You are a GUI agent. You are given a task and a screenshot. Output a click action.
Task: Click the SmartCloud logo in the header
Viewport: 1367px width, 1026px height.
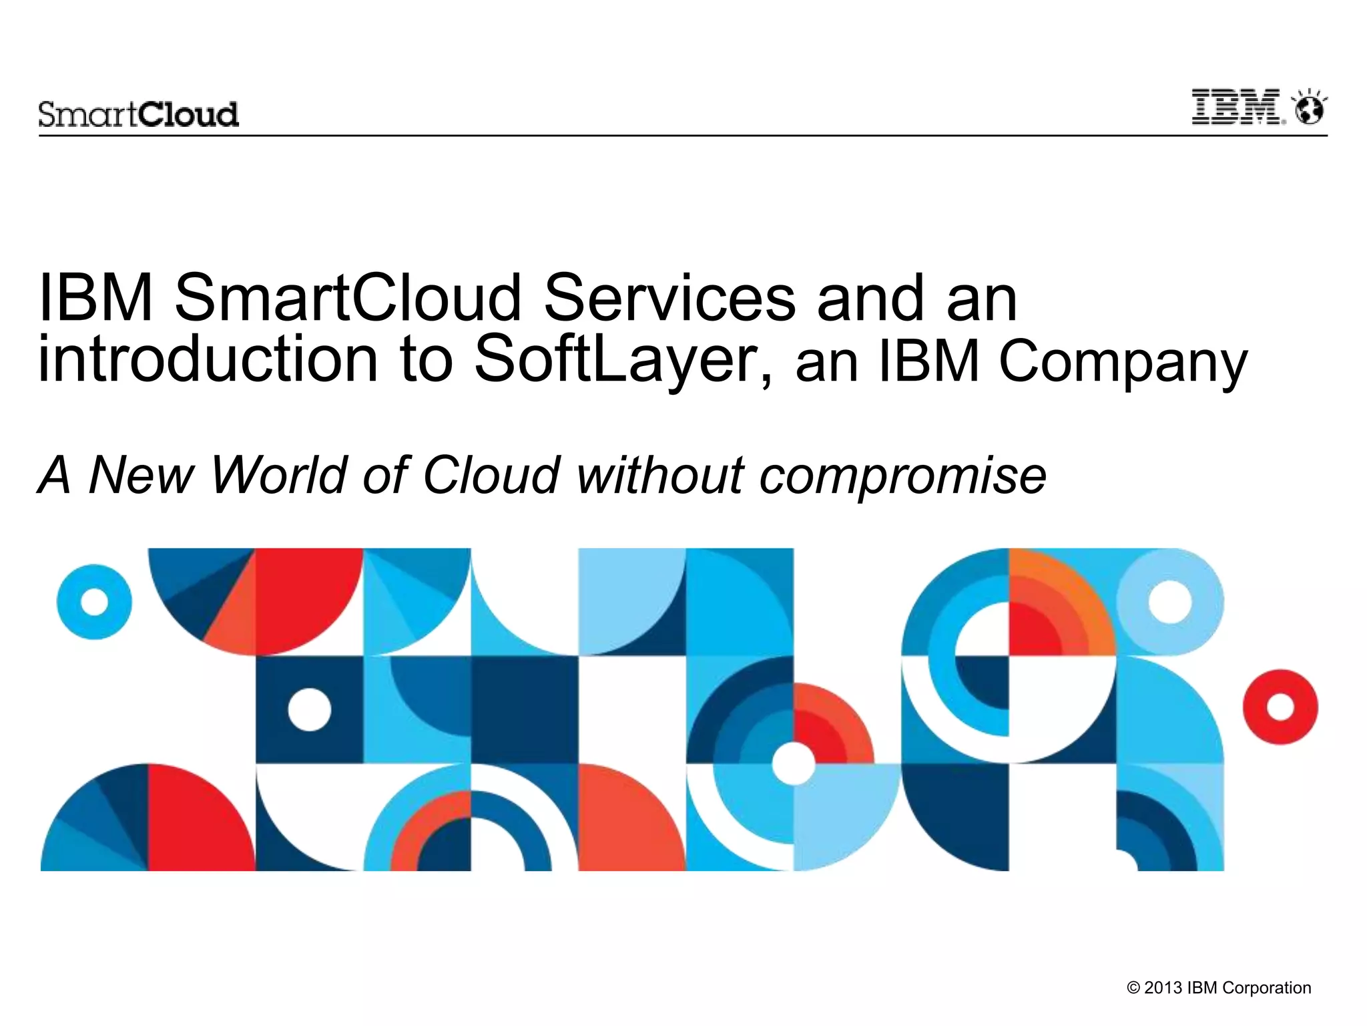[x=138, y=114]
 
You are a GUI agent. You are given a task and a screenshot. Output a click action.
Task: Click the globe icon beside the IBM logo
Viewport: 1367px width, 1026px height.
[x=1310, y=110]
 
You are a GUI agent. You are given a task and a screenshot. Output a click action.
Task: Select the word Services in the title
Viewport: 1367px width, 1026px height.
[x=669, y=298]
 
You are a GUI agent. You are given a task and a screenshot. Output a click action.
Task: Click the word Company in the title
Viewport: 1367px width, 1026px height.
[x=1123, y=362]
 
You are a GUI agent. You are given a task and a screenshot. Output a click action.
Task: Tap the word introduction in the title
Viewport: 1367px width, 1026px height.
[x=208, y=360]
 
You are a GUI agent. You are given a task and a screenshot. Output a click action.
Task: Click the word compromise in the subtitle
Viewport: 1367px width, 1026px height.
[x=902, y=476]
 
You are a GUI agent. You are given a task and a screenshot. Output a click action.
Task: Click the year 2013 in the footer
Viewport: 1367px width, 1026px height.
[x=1163, y=988]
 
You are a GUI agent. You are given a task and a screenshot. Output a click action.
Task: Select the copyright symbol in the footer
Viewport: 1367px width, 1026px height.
[x=1133, y=988]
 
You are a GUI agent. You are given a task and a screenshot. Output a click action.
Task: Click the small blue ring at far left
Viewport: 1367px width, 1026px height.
[x=94, y=602]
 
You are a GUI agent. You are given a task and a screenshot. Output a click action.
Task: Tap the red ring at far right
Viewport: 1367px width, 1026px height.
[x=1280, y=707]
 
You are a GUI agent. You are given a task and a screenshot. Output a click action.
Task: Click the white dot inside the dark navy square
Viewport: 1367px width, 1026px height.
[x=309, y=709]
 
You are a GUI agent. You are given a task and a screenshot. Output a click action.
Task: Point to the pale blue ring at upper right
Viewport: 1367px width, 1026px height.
[x=1169, y=602]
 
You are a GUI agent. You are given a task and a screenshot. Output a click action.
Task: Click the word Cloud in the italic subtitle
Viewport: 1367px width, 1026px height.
[x=491, y=475]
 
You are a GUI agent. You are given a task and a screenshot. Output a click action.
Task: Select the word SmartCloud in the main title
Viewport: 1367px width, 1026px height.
[x=348, y=298]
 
